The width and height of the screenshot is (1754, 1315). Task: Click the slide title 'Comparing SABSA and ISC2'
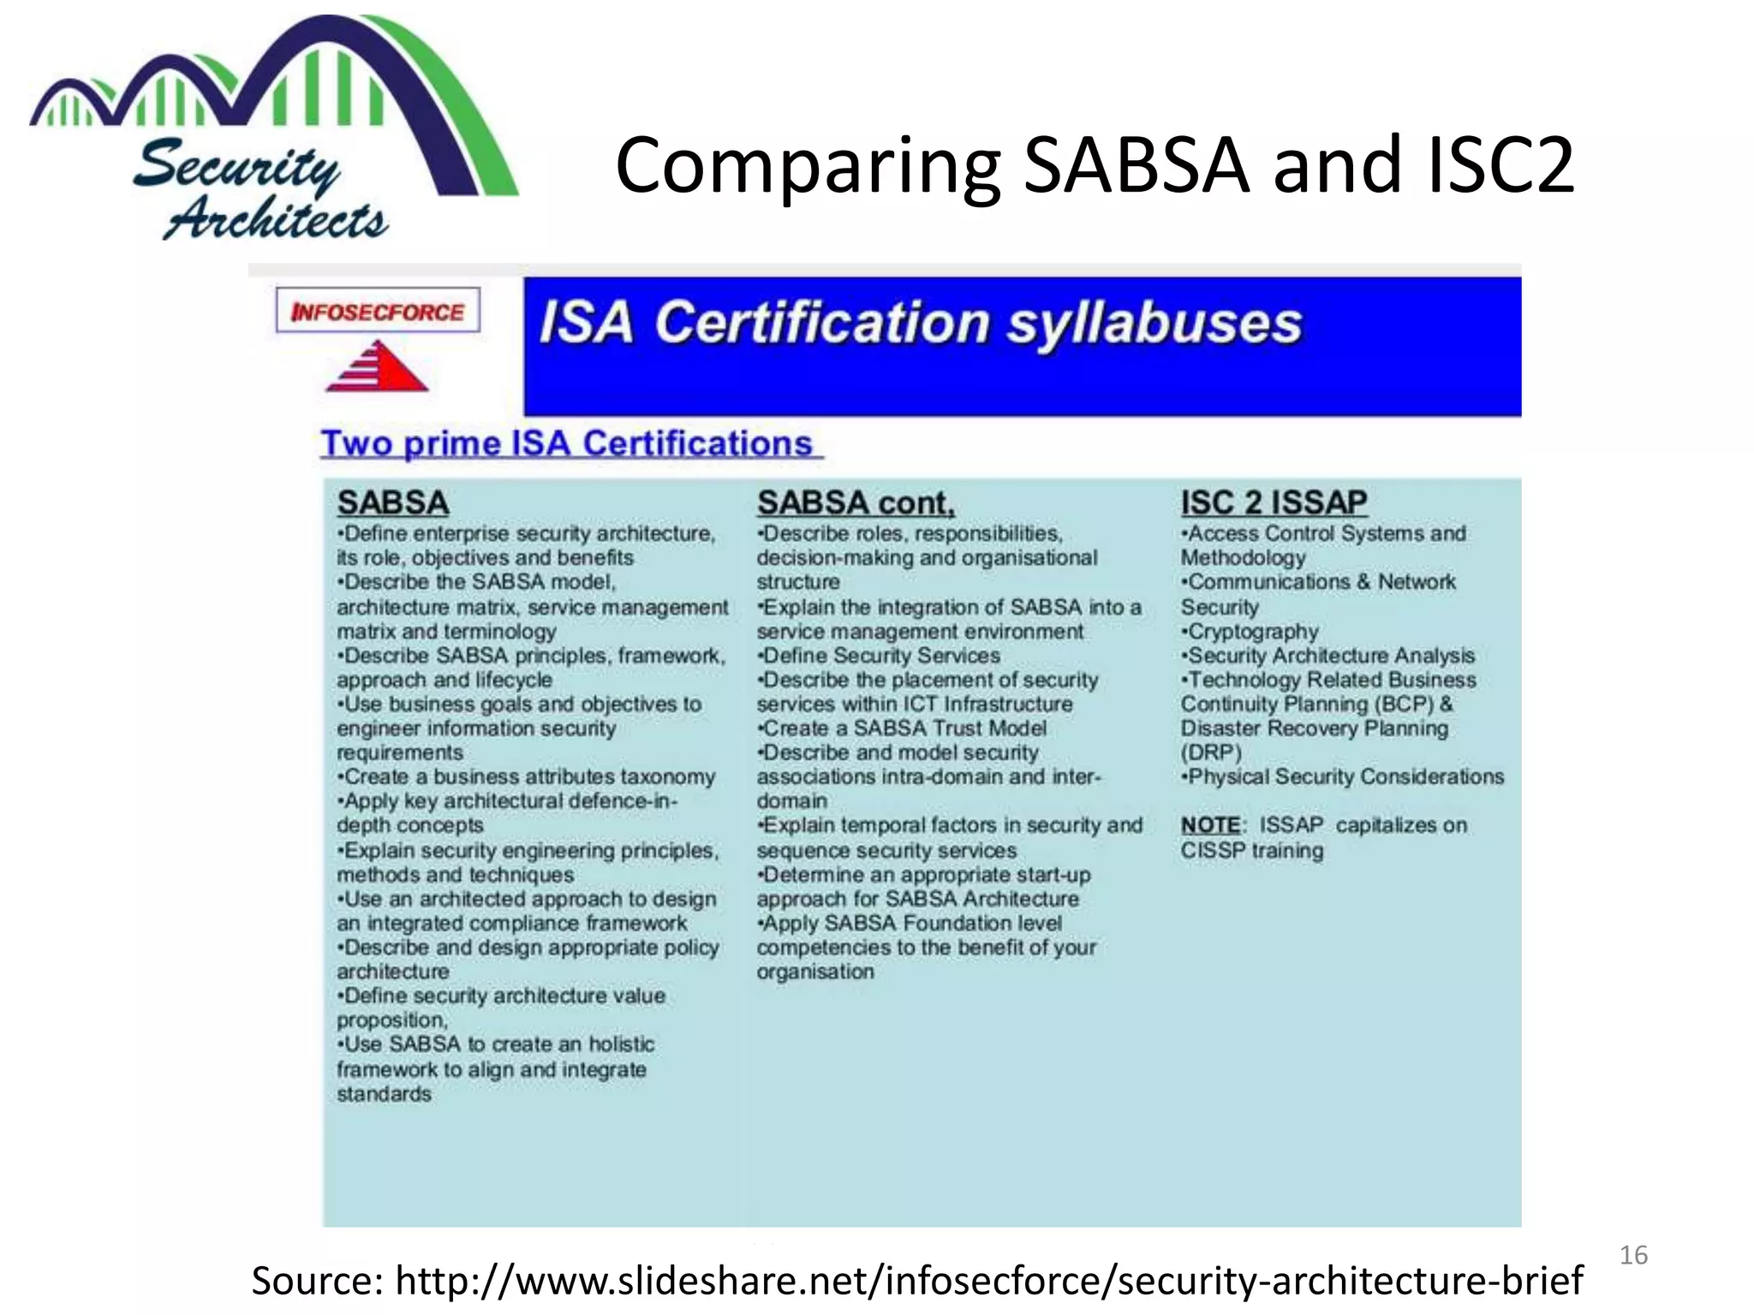(1094, 165)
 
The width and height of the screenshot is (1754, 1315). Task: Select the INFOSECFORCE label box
(378, 311)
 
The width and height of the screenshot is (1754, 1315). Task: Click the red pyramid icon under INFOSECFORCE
(377, 366)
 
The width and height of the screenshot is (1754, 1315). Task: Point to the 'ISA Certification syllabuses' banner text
(920, 324)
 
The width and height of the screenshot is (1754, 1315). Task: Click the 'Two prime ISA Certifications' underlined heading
(567, 443)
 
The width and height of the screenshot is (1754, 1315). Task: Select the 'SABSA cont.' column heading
(855, 503)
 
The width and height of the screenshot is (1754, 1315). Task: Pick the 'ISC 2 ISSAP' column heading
(1274, 503)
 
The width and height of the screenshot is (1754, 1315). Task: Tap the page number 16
(1633, 1255)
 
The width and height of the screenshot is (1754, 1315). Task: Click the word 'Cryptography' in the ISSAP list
(1253, 632)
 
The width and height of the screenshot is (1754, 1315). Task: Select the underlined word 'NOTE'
(1210, 825)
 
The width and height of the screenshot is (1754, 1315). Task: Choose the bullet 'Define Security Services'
(880, 656)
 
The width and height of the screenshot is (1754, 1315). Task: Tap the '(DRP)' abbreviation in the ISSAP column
(1211, 753)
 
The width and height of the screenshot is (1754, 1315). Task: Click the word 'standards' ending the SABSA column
(384, 1094)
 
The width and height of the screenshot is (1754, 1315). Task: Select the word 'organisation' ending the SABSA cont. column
(815, 972)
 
